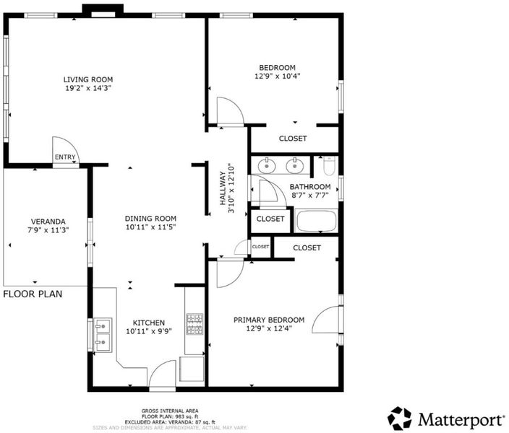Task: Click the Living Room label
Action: tap(88, 79)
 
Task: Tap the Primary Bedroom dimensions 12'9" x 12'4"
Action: tap(269, 328)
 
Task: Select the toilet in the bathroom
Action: tap(329, 165)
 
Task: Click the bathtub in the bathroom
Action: tap(317, 221)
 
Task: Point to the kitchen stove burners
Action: tap(194, 324)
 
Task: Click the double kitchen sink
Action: tap(103, 335)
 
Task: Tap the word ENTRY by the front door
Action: tap(65, 157)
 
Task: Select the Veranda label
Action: tap(48, 222)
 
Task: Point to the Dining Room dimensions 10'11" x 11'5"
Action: tap(150, 227)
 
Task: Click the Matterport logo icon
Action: tap(399, 418)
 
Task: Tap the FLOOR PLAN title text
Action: tap(33, 294)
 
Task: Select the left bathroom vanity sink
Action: tap(267, 166)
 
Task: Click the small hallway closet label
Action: tap(261, 247)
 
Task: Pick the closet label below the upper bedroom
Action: tap(293, 139)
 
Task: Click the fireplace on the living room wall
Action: tap(103, 10)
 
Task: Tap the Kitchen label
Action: tap(149, 323)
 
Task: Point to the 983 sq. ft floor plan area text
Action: tap(169, 416)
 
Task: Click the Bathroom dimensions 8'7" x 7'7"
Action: tap(310, 195)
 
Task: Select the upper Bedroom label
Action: tap(277, 68)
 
